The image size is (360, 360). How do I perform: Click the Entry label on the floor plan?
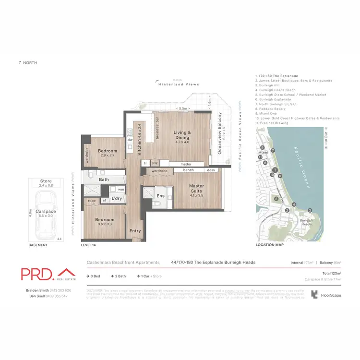click(135, 231)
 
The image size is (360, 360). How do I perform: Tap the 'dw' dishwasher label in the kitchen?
click(130, 140)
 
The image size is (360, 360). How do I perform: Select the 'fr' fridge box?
click(144, 163)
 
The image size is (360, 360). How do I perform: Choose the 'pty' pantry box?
click(155, 163)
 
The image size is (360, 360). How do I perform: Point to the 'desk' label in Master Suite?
click(211, 170)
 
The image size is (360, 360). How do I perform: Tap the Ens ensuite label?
click(161, 196)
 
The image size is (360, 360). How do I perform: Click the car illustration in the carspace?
click(47, 214)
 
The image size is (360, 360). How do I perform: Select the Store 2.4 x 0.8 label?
click(46, 183)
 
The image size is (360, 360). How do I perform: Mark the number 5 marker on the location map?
click(276, 199)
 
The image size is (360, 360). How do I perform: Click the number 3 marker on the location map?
click(310, 210)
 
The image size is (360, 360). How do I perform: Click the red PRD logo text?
click(37, 274)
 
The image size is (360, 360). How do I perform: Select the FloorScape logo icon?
click(314, 295)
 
